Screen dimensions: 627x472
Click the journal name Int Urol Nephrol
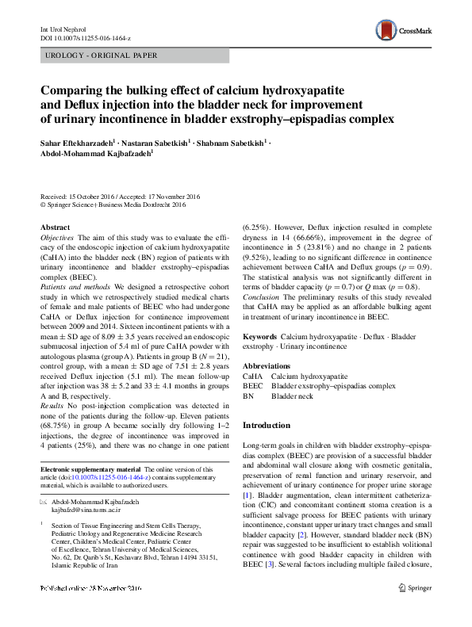[x=62, y=29]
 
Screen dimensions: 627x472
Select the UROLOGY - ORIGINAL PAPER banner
[x=102, y=55]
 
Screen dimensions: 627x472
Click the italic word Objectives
[x=57, y=238]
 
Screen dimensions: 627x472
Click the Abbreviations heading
[x=268, y=366]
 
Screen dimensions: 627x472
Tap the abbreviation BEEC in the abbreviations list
[x=253, y=385]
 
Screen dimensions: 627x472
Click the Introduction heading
[x=267, y=426]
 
